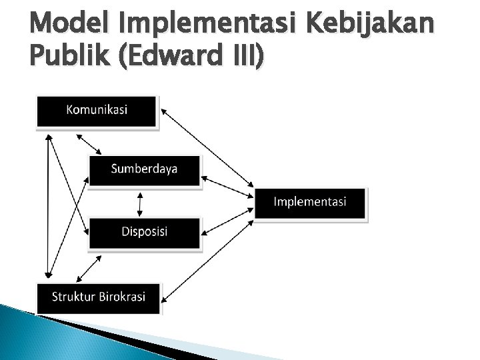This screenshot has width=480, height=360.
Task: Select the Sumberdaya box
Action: click(144, 170)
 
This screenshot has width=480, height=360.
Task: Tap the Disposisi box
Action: click(144, 232)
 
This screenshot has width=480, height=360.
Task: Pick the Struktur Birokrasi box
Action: click(98, 297)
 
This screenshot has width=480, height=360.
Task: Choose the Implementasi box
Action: click(310, 203)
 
